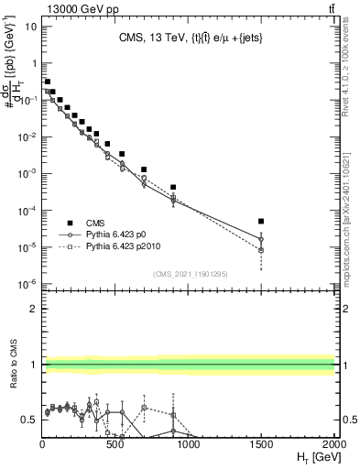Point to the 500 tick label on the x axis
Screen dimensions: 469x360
point(115,443)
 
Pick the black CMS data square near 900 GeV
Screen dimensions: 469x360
point(173,187)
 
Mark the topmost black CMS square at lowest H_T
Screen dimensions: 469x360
point(47,82)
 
